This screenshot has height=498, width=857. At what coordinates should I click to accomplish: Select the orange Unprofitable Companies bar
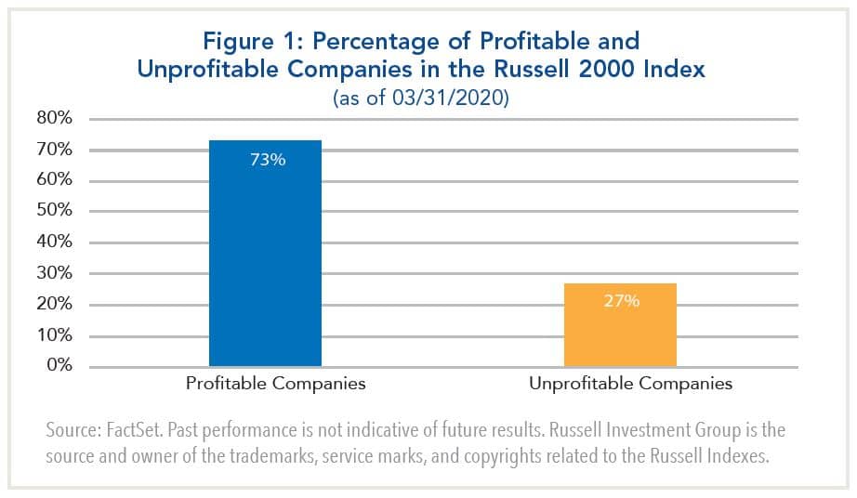pos(620,325)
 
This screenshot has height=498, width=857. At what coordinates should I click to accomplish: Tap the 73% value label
pos(267,160)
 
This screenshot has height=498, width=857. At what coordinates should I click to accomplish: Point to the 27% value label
pos(621,301)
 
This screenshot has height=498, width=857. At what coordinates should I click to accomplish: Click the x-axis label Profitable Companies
pos(276,383)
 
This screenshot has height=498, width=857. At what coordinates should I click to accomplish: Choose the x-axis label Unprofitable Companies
pos(631,383)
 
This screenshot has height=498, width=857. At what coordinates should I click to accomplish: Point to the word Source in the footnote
pos(71,432)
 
